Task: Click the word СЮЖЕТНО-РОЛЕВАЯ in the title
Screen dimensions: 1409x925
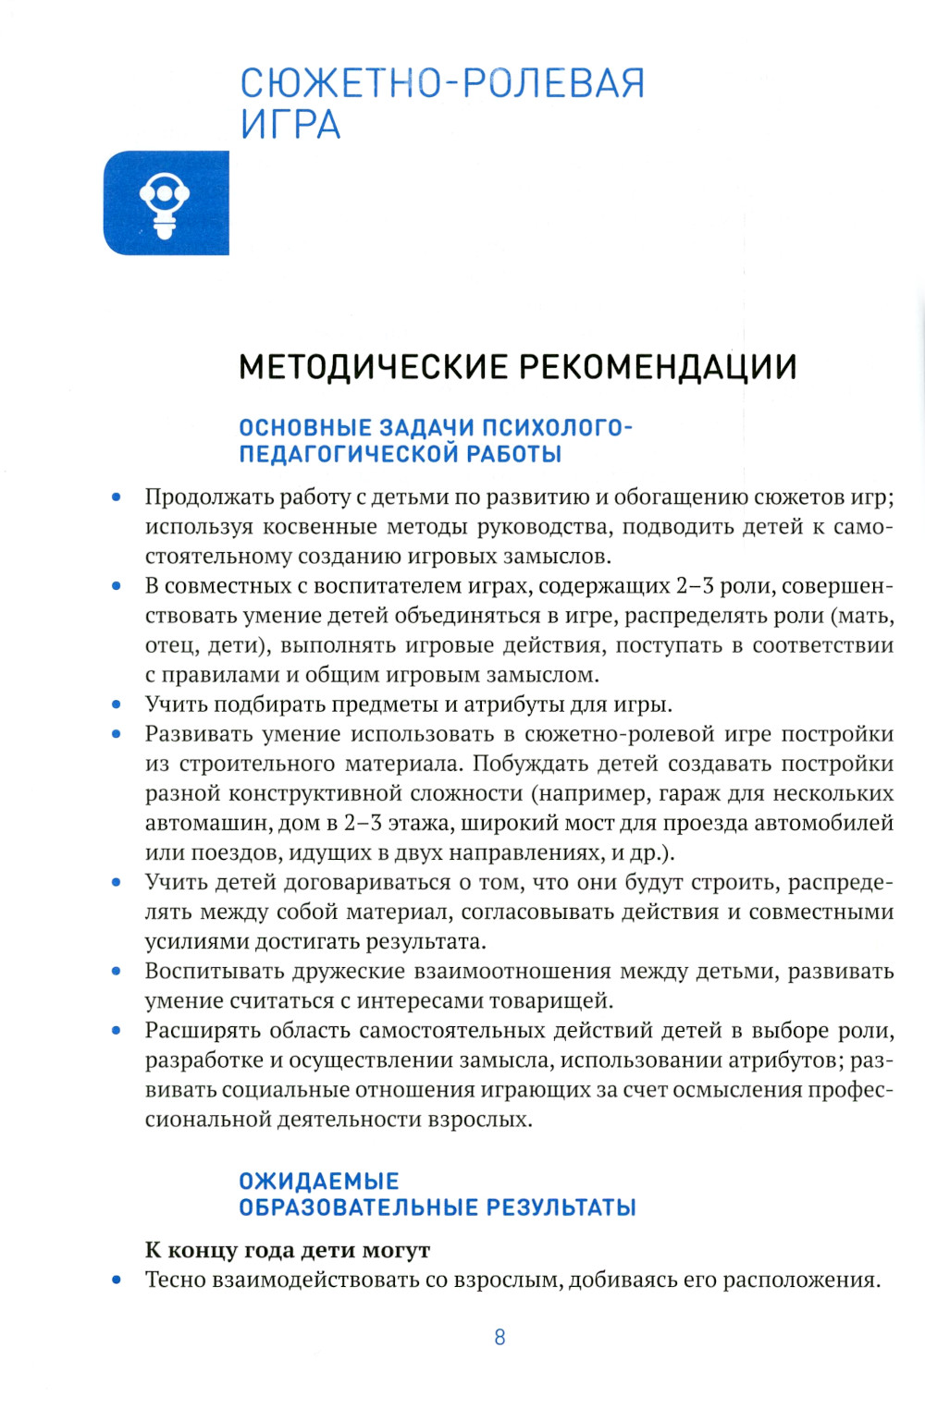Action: point(442,83)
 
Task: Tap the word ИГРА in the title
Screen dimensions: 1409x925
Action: point(290,125)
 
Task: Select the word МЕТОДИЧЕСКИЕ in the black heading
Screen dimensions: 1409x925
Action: point(373,367)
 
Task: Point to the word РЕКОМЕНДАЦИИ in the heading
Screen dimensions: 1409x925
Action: point(658,367)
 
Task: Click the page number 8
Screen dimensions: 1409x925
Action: point(500,1337)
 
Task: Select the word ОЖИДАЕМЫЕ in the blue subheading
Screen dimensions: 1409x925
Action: point(319,1182)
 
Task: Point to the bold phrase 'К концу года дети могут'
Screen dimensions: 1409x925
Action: point(288,1250)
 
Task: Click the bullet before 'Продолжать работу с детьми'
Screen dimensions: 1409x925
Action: point(117,497)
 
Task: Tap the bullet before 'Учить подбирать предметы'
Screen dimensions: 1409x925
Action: point(117,704)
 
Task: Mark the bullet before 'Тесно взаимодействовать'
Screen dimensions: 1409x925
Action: point(117,1280)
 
